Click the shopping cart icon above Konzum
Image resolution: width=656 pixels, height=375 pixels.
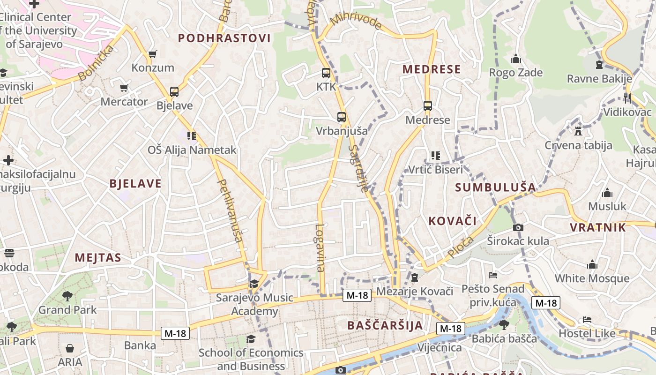coord(152,54)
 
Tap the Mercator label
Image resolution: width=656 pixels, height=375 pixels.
coord(124,102)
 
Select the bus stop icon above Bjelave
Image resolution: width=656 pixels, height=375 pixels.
coord(174,92)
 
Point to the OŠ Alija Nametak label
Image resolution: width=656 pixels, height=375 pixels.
coord(192,150)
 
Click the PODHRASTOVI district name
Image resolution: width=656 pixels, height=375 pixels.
coord(224,38)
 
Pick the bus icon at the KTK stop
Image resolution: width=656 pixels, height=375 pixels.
coord(326,73)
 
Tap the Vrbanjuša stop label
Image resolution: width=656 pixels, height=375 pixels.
coord(342,131)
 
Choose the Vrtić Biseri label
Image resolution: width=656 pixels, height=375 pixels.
coord(436,169)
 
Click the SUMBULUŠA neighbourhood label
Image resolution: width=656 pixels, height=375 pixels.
coord(495,187)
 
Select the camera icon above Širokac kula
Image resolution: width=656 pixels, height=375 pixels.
coord(518,228)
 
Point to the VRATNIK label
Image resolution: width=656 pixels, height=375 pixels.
coord(597,228)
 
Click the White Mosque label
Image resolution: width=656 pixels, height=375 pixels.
coord(592,278)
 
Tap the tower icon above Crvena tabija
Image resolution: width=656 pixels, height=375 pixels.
coord(578,131)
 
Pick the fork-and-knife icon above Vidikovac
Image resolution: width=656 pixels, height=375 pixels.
coord(627,98)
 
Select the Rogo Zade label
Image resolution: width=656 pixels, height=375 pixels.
coord(516,73)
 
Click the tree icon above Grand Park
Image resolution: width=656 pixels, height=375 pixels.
coord(67,296)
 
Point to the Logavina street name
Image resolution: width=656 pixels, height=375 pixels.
coord(321,247)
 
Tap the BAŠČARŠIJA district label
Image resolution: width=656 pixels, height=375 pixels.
coord(385,325)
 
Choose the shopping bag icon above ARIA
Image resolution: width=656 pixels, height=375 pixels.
coord(70,348)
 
